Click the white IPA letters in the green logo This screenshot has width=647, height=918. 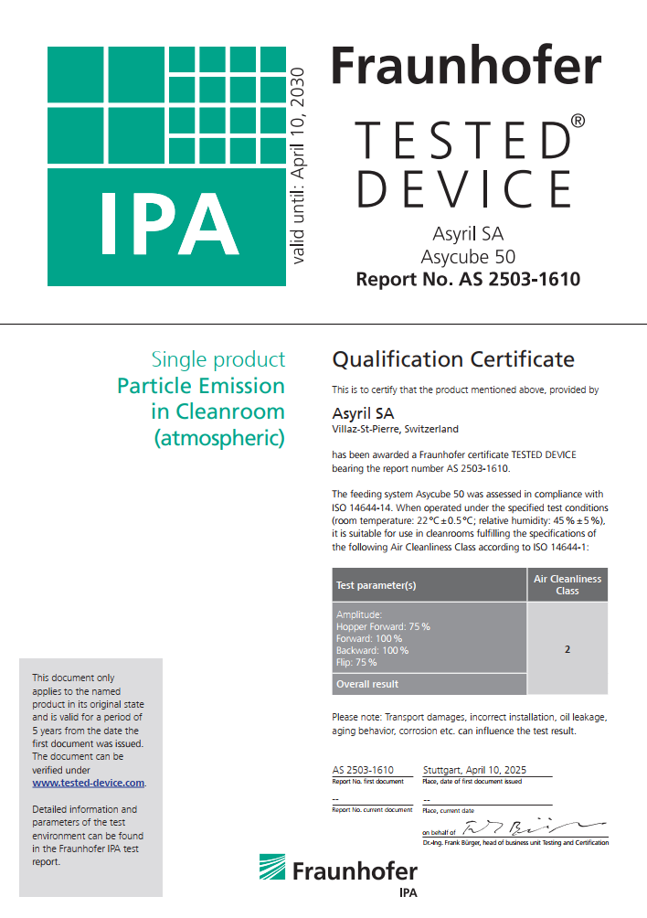tap(170, 224)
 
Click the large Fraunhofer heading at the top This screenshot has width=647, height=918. tap(465, 66)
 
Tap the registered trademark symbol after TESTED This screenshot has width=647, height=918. tap(578, 120)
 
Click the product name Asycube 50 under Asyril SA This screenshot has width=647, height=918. tap(467, 256)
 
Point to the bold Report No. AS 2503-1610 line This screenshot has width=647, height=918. tap(467, 279)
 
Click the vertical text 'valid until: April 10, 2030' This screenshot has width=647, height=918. tap(299, 165)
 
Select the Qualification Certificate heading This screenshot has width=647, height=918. tap(453, 358)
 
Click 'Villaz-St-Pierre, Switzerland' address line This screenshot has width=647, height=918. tap(395, 429)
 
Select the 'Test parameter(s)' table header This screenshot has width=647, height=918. tap(377, 585)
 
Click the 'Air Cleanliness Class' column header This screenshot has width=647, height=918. tap(567, 585)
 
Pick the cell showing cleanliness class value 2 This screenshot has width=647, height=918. tap(567, 649)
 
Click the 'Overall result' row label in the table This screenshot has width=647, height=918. tap(367, 684)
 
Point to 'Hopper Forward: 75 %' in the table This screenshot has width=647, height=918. tap(383, 626)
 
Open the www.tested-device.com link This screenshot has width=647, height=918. tap(89, 783)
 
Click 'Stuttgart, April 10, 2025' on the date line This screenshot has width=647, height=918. tap(475, 770)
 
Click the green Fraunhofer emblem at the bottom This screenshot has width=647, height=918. tap(272, 869)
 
